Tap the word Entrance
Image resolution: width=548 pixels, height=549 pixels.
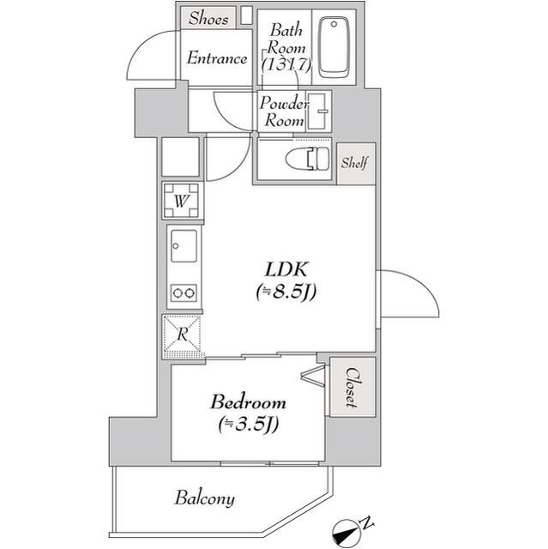click(x=218, y=58)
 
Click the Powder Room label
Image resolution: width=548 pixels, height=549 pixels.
click(x=284, y=112)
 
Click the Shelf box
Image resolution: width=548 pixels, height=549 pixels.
click(x=355, y=162)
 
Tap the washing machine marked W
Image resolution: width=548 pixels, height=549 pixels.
click(x=182, y=202)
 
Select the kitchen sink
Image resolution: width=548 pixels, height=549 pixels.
click(x=183, y=249)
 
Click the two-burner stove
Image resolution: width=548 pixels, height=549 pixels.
click(x=183, y=293)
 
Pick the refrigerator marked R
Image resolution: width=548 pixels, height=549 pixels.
click(x=182, y=335)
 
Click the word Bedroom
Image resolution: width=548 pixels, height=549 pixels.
click(x=249, y=401)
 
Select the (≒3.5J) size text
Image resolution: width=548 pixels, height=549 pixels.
click(x=250, y=424)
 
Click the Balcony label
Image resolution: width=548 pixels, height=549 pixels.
click(x=205, y=498)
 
